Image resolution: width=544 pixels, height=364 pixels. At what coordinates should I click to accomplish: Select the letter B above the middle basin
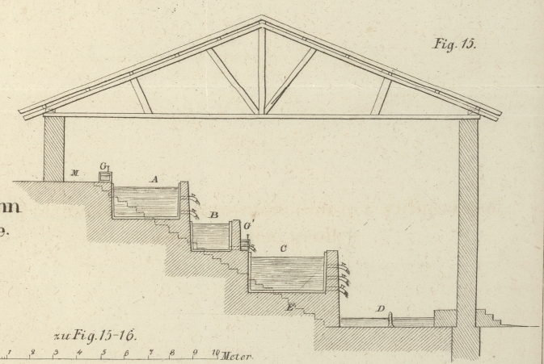(213, 215)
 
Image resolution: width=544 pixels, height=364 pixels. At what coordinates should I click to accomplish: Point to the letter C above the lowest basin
(283, 249)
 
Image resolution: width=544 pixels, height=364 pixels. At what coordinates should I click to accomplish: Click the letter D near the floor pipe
(380, 309)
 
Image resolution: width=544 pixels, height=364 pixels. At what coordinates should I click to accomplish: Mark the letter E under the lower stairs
(290, 308)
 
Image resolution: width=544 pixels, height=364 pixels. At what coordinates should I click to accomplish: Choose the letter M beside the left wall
(74, 172)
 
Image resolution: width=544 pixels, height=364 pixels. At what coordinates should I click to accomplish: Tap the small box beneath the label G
(105, 177)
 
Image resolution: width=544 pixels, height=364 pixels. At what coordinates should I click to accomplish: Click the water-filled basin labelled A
(145, 203)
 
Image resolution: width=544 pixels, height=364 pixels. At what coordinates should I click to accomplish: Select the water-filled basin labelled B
(212, 237)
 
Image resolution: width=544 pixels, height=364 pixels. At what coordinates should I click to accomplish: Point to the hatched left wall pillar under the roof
(53, 149)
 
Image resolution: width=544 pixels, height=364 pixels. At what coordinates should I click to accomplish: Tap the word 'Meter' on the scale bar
(236, 357)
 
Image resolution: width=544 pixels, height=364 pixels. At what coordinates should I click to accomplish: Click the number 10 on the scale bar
(215, 353)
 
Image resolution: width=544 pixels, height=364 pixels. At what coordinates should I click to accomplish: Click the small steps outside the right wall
(488, 317)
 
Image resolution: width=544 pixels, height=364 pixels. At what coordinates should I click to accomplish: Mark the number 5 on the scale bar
(103, 354)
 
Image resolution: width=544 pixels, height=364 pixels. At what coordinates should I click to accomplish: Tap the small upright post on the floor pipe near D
(390, 320)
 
